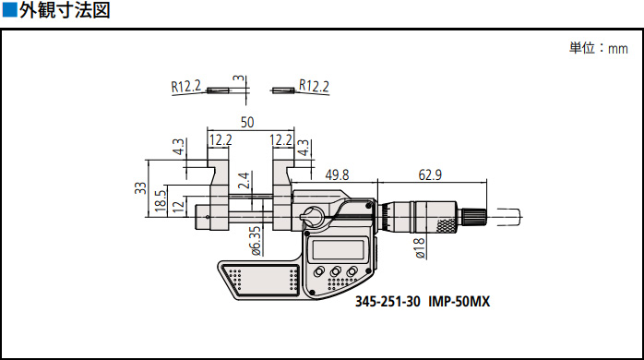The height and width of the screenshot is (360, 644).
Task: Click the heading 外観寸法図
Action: point(65,10)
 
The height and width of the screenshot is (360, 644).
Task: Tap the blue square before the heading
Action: point(9,10)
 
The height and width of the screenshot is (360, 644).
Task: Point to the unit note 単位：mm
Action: point(599,48)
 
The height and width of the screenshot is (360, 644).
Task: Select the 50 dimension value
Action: point(247,122)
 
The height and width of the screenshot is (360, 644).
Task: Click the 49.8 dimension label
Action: point(337,175)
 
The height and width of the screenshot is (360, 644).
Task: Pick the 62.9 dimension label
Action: point(430,175)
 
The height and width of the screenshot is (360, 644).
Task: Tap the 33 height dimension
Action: point(140,188)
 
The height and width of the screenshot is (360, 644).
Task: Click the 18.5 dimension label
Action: point(161,200)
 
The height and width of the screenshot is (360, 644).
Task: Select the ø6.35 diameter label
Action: point(255,241)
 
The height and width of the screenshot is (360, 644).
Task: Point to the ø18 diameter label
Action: point(420,248)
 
